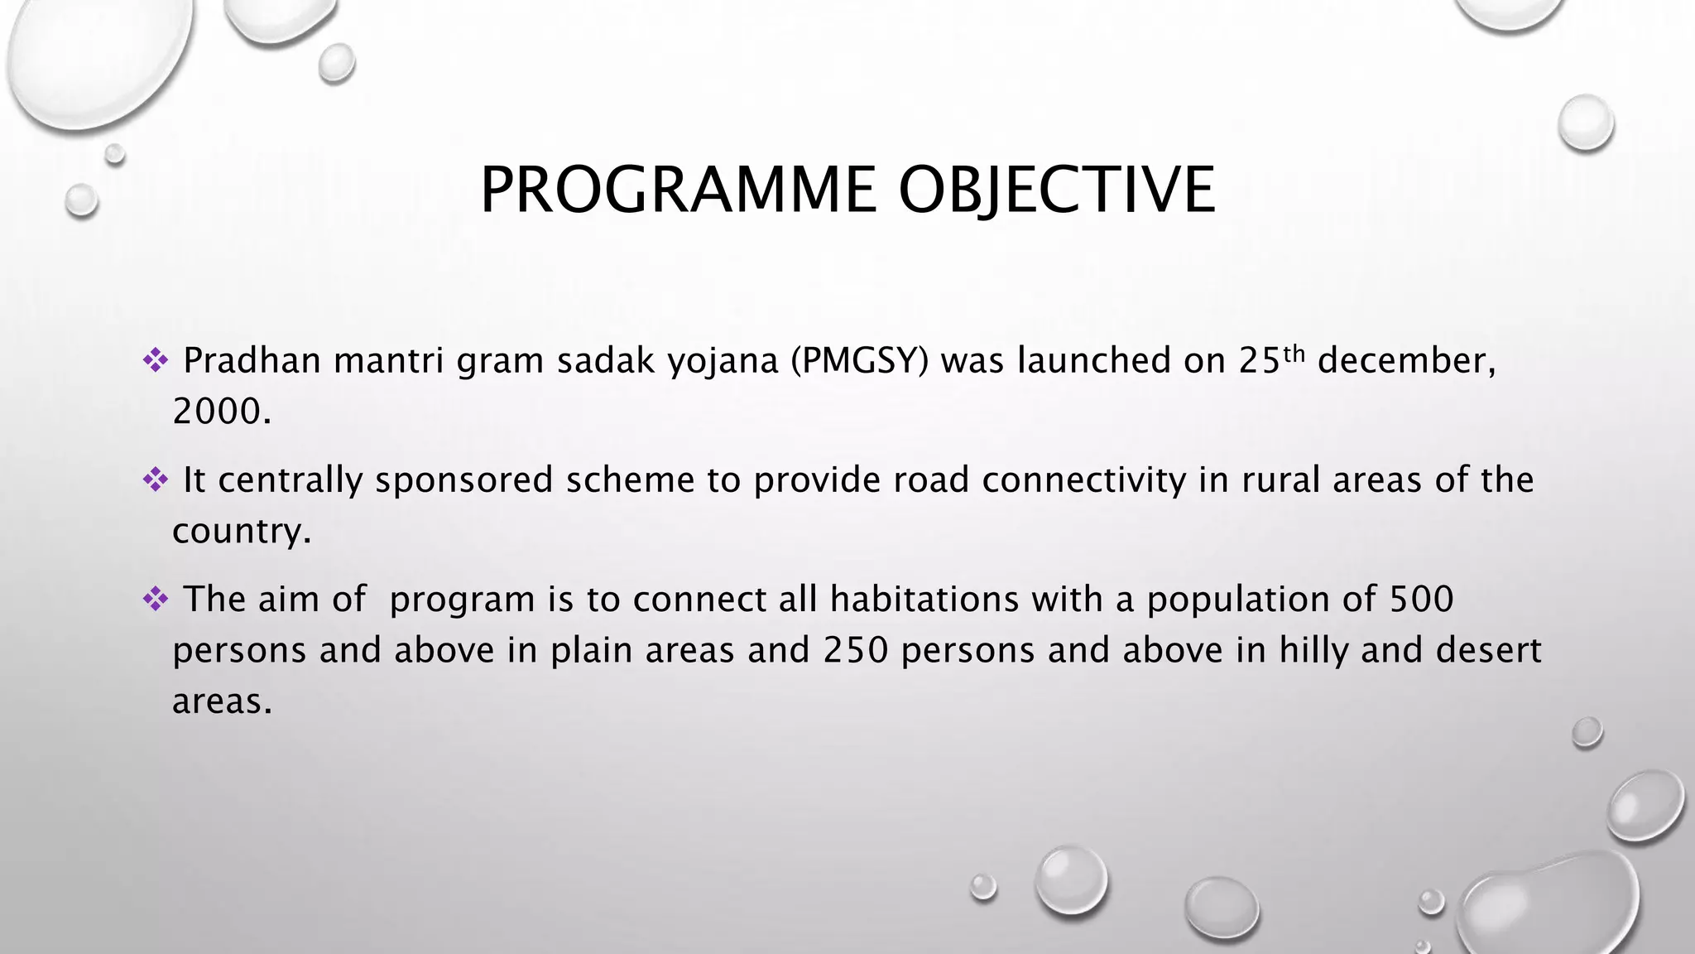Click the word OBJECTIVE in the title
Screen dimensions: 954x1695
[1057, 190]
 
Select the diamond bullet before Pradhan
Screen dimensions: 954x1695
[155, 359]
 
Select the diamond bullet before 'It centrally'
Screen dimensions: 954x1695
[155, 479]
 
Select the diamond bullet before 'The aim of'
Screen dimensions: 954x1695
[155, 598]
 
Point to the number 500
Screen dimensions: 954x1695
[1421, 600]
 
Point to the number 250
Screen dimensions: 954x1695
[855, 651]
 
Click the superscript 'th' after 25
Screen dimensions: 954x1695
[1294, 354]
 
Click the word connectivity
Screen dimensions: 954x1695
[1084, 480]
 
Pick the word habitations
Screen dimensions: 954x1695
[924, 600]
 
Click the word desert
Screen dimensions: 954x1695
[1488, 651]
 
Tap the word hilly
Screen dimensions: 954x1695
[1313, 651]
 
